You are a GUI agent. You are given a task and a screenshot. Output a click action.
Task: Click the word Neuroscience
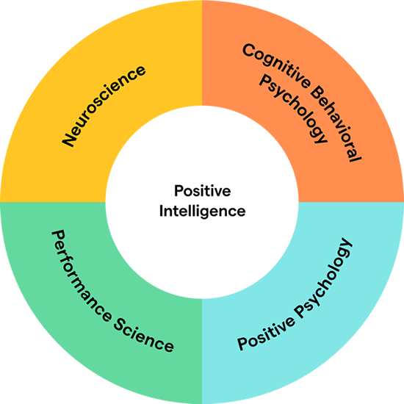click(x=104, y=106)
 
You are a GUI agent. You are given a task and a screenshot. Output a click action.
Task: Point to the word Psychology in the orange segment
click(x=293, y=109)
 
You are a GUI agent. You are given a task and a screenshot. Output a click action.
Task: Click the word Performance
click(x=81, y=275)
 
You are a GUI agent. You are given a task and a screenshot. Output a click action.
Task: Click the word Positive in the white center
click(x=203, y=191)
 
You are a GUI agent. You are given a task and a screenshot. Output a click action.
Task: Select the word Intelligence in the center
click(x=203, y=212)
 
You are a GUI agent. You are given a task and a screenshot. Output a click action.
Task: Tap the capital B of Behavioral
click(x=317, y=93)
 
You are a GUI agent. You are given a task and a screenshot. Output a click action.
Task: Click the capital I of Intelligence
click(x=161, y=211)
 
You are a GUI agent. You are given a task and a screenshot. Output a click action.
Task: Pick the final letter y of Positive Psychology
click(x=346, y=245)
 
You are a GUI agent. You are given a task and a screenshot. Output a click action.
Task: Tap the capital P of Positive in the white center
click(x=178, y=191)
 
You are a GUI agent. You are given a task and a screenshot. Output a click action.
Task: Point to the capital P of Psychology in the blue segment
click(x=301, y=312)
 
